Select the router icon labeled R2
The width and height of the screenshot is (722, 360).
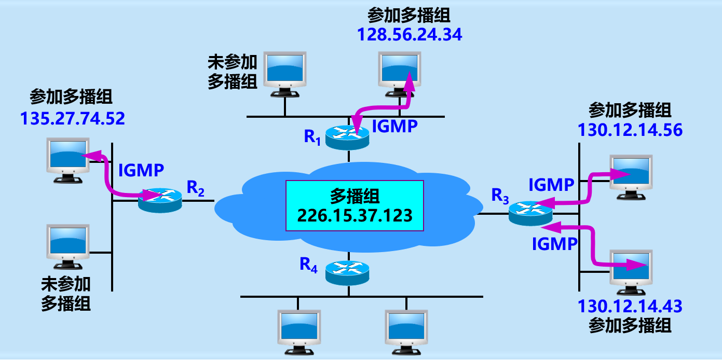coord(160,199)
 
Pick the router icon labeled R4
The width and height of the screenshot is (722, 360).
coord(348,272)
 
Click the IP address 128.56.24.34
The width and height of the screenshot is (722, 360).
coord(409,35)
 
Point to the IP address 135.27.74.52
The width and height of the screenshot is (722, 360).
coord(73,119)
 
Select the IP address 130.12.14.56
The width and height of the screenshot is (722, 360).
coord(630,130)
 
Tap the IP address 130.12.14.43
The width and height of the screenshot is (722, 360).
coord(630,306)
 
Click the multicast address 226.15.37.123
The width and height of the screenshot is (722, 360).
coord(355,214)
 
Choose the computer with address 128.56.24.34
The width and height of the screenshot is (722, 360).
coord(400,74)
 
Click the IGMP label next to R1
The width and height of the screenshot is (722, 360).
coord(395,127)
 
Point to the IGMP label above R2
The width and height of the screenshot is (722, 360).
coord(141,170)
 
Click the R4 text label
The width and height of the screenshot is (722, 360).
coord(308,265)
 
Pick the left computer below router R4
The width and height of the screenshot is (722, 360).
coord(299,332)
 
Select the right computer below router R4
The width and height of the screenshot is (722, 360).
coord(406,332)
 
